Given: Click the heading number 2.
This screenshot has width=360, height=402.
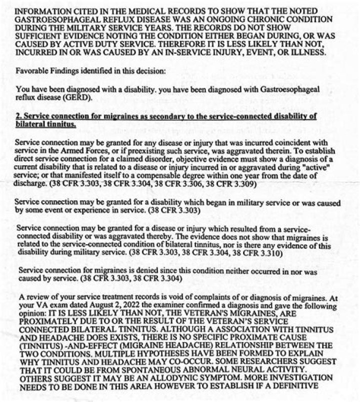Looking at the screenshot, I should coord(18,116).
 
